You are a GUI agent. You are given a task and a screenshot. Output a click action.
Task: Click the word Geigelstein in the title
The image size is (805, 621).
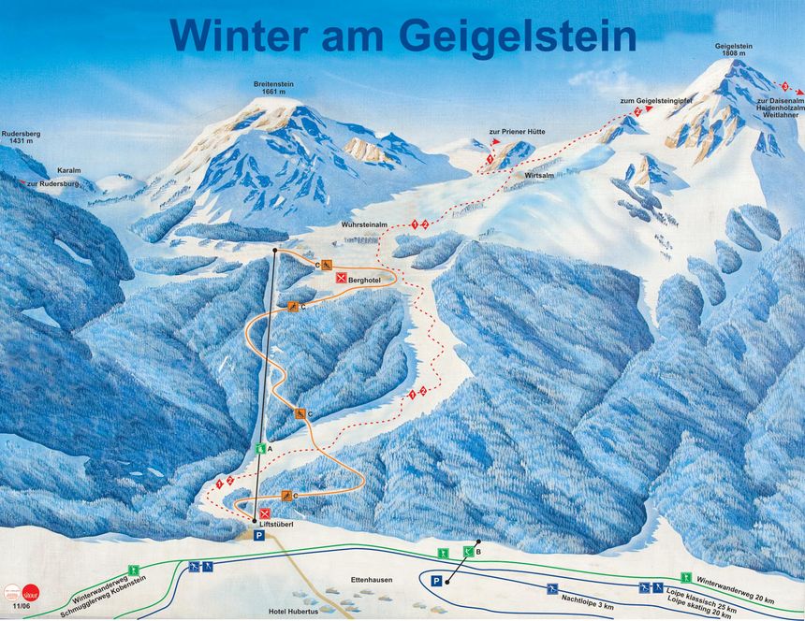pos(518,35)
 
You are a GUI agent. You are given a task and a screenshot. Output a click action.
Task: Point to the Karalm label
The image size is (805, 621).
pos(69,171)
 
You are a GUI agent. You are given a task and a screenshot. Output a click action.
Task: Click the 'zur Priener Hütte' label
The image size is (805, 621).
pos(517,132)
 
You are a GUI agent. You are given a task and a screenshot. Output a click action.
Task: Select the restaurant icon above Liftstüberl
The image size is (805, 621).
pos(266,513)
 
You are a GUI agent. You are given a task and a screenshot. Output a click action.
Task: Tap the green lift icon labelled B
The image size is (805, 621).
pos(468,552)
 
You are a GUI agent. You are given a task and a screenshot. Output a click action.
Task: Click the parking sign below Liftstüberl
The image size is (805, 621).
pos(259,536)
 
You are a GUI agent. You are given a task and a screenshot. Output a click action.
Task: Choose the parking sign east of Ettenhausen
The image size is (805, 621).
pos(436,581)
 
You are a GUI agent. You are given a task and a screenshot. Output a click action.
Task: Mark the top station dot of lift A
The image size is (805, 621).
pos(274,252)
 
